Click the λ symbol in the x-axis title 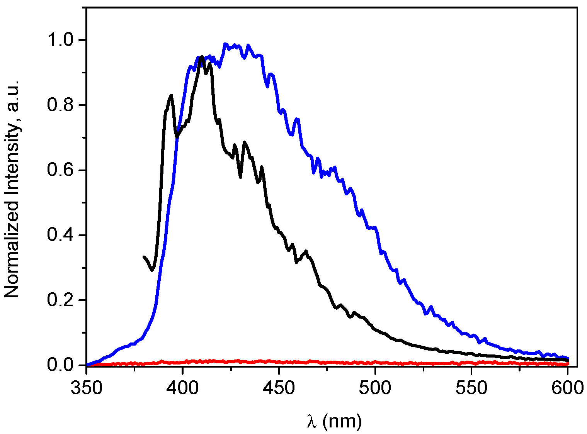[312, 421]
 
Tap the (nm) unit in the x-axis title [342, 421]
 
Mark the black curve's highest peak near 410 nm [201, 57]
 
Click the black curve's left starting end [144, 257]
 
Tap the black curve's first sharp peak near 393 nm [170, 95]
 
